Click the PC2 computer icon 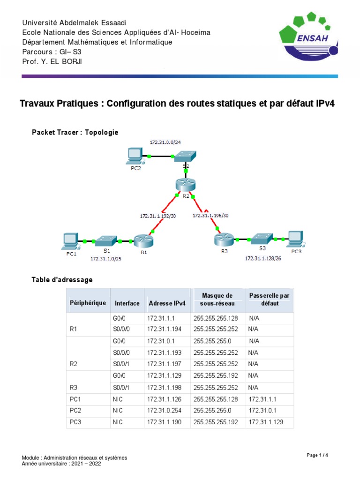click(135, 156)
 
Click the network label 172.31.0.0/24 click(162, 142)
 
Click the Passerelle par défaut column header click(269, 300)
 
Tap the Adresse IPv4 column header click(167, 303)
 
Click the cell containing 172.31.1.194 click(161, 330)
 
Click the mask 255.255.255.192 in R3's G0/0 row click(216, 375)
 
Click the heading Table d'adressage click(62, 280)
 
